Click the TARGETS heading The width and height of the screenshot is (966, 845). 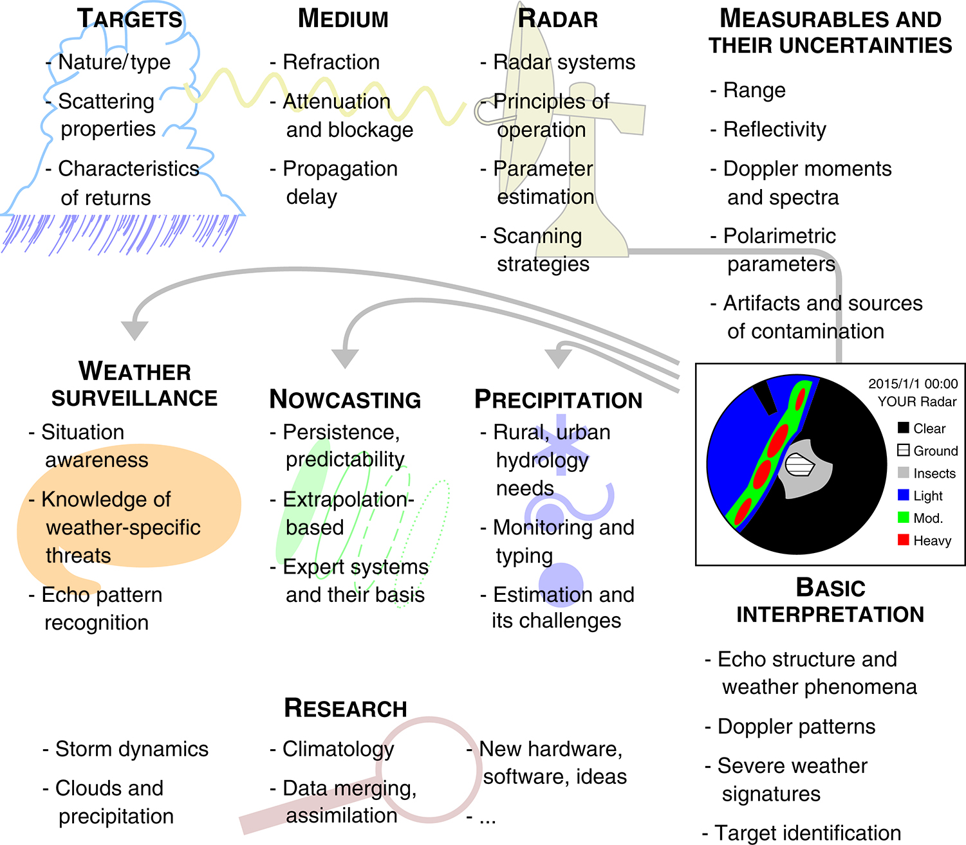pyautogui.click(x=130, y=19)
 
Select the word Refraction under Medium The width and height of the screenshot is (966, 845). pyautogui.click(x=331, y=62)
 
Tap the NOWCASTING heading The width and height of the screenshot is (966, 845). pyautogui.click(x=345, y=399)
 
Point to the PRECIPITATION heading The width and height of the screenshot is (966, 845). pyautogui.click(x=558, y=399)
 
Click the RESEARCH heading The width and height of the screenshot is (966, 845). pyautogui.click(x=345, y=708)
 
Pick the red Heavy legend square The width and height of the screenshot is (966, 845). pyautogui.click(x=903, y=540)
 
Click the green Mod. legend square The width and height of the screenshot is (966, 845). pyautogui.click(x=903, y=517)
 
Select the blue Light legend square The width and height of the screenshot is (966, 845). pyautogui.click(x=903, y=495)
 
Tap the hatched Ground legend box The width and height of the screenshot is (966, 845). pyautogui.click(x=903, y=450)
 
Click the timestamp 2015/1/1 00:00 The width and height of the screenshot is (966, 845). pyautogui.click(x=913, y=384)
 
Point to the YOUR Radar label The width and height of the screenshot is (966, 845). pyautogui.click(x=917, y=401)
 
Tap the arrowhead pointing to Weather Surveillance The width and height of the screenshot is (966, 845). pyautogui.click(x=135, y=330)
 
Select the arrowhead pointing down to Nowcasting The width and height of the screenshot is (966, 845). pyautogui.click(x=345, y=358)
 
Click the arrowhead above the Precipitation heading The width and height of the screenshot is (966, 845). pyautogui.click(x=558, y=358)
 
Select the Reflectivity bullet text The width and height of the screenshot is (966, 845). pyautogui.click(x=774, y=129)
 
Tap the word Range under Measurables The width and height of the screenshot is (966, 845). pyautogui.click(x=754, y=90)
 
